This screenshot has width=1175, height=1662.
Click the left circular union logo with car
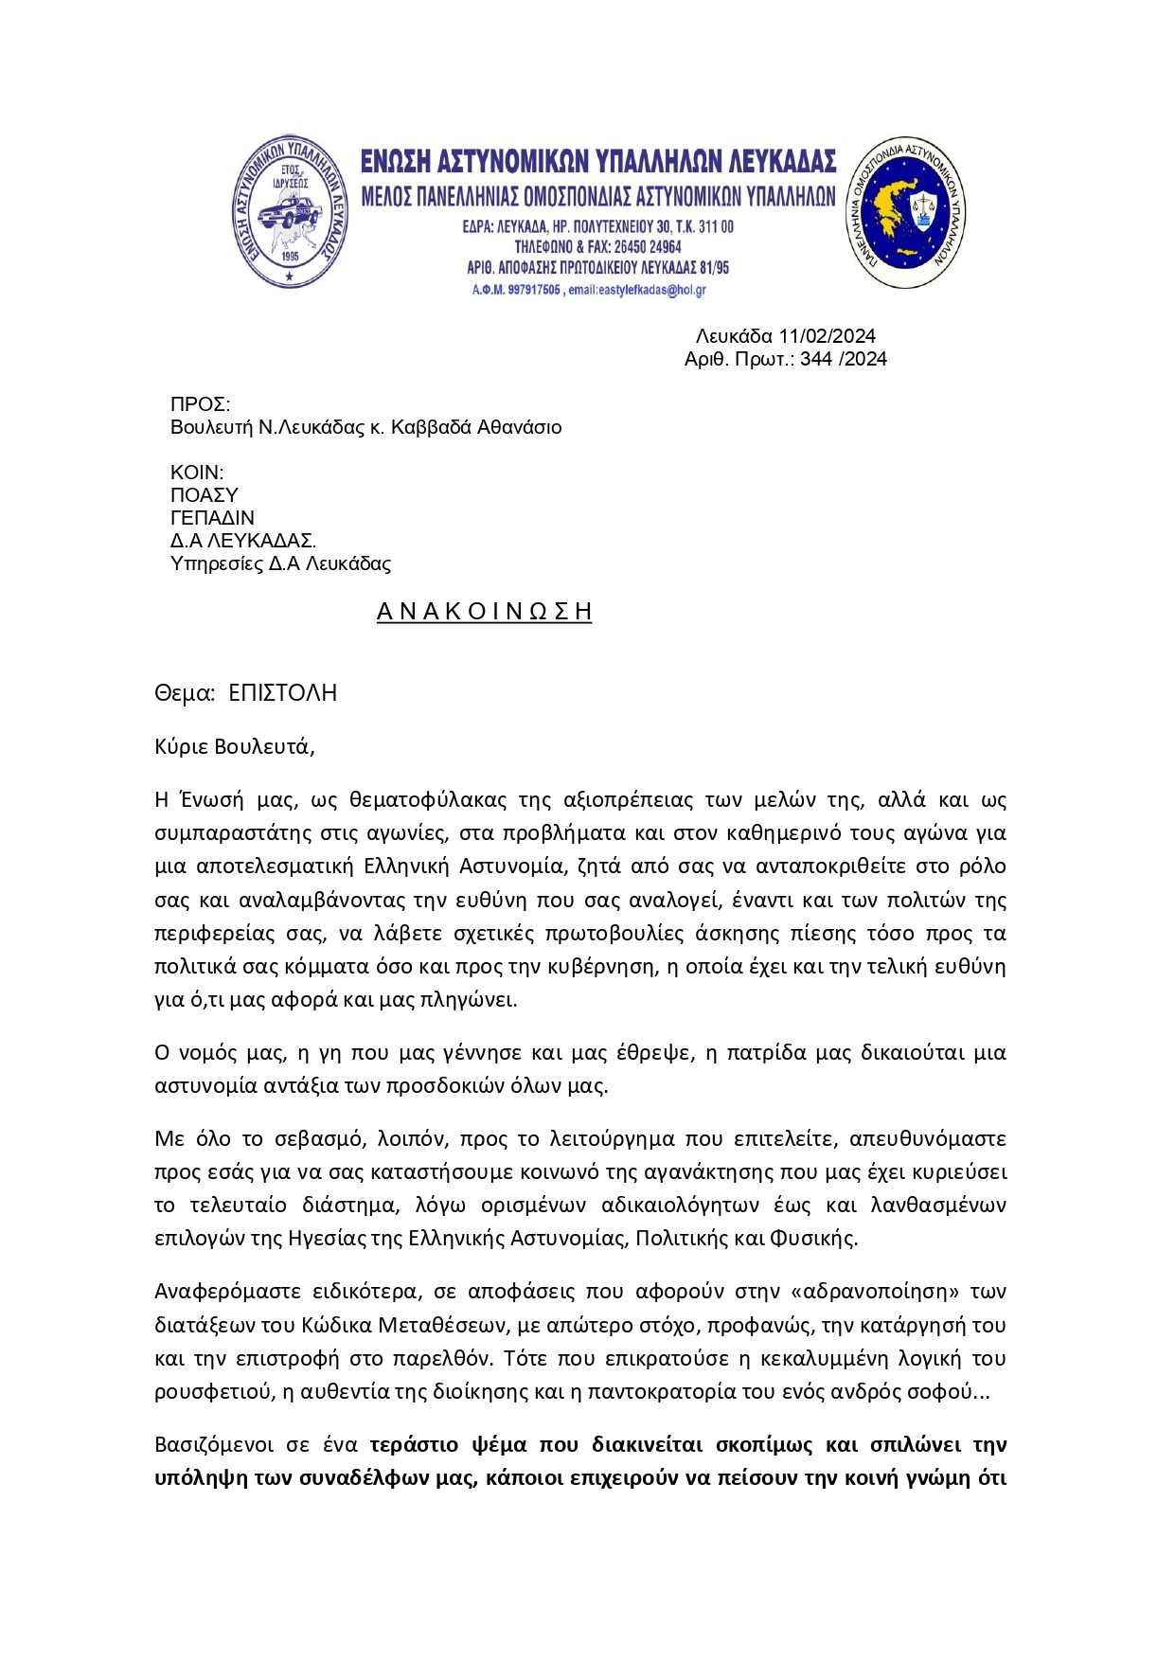[x=290, y=211]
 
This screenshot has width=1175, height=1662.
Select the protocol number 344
[x=816, y=359]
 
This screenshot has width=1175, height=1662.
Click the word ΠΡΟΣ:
[x=200, y=405]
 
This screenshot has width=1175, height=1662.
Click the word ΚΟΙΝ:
[x=197, y=473]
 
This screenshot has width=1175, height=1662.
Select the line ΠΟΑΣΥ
[x=204, y=495]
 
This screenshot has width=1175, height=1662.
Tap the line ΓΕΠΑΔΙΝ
[x=212, y=518]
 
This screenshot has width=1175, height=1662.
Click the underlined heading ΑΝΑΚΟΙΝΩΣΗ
[x=484, y=612]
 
